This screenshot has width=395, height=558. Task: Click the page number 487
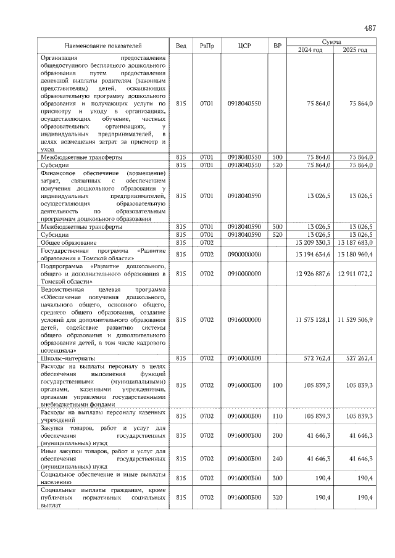coord(370,28)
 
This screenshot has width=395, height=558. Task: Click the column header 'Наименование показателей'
coord(103,46)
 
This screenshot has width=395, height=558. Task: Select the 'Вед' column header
coord(181,46)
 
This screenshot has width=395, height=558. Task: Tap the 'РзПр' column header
coord(207,46)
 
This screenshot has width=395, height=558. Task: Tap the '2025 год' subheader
coord(354,50)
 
